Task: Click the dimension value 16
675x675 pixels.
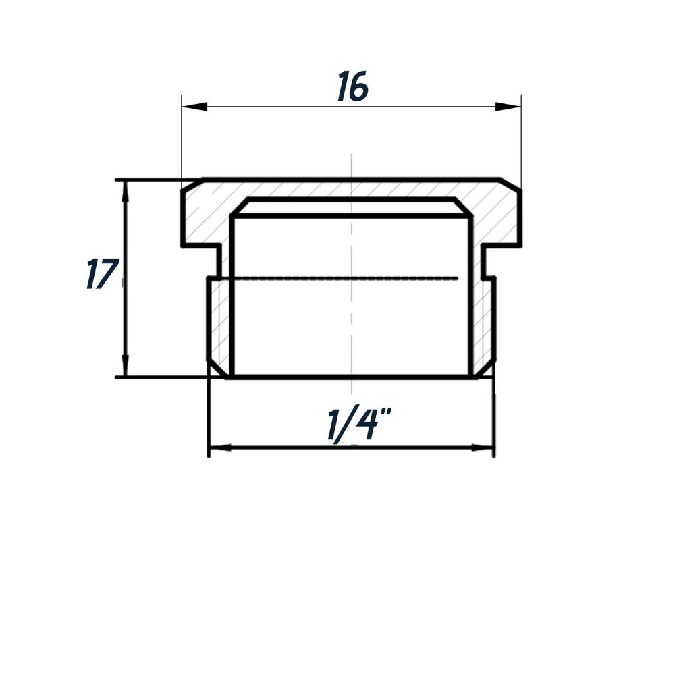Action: (352, 87)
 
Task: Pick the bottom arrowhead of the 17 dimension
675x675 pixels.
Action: (124, 367)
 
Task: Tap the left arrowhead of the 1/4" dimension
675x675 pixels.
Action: (220, 448)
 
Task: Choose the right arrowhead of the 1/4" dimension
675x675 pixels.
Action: (483, 448)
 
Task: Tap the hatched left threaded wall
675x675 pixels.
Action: (219, 324)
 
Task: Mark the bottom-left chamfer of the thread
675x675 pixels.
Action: (217, 371)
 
